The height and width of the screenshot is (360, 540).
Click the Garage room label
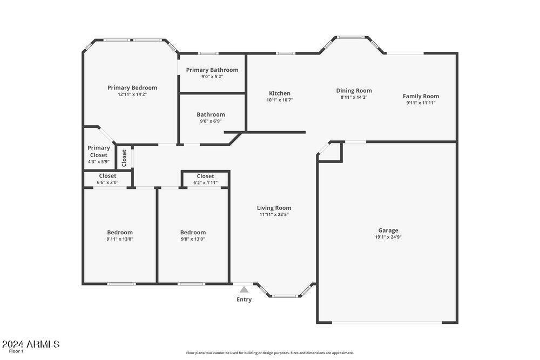[388, 230]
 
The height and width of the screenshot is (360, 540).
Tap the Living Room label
[274, 208]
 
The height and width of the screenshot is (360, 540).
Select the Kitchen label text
[280, 93]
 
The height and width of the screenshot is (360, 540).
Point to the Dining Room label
[354, 91]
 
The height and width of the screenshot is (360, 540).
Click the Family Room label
[421, 97]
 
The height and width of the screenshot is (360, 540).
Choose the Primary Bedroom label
[132, 88]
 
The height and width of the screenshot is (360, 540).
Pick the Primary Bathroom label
[212, 70]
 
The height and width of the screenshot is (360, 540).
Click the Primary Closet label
[99, 152]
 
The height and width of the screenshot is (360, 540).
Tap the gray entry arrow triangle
[244, 289]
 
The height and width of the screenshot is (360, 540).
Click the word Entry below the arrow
[244, 300]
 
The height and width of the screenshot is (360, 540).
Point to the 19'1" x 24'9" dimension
[388, 237]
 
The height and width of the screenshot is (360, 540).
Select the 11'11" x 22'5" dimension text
[274, 214]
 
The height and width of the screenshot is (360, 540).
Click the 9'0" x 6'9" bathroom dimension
[211, 121]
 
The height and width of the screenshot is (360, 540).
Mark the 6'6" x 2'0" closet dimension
[107, 182]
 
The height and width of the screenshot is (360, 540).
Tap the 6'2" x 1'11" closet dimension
[205, 183]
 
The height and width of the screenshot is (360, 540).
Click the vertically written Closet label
[124, 158]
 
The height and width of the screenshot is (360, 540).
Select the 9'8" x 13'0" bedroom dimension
[193, 239]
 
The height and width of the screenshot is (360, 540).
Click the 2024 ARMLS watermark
[31, 344]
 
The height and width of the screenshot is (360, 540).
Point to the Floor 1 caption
[16, 351]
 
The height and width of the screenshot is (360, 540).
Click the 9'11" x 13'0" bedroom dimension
[120, 239]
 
